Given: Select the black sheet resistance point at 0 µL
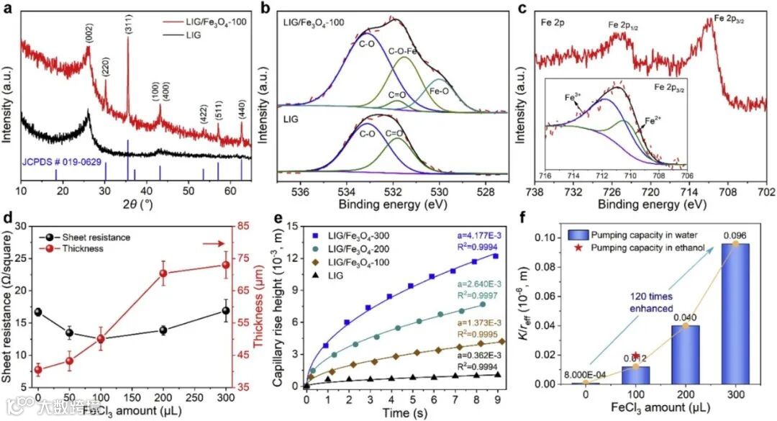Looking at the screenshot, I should click(x=38, y=312).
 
